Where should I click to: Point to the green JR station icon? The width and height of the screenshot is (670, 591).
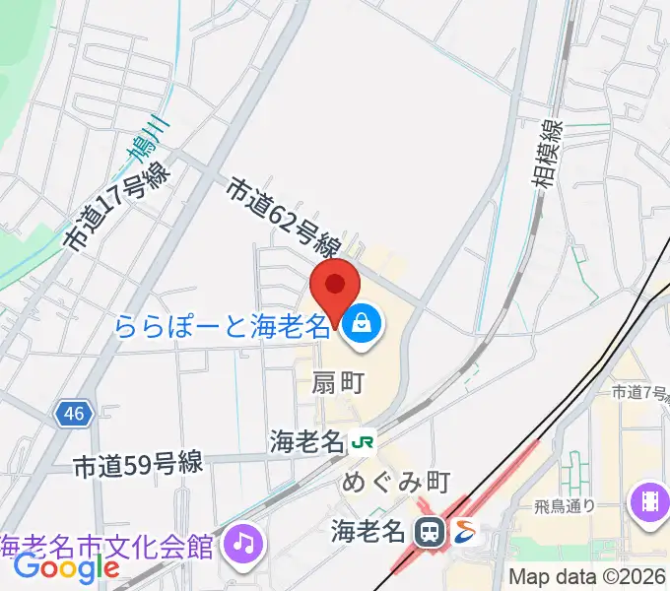coord(364,442)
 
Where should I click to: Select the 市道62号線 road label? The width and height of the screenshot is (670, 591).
coord(285,217)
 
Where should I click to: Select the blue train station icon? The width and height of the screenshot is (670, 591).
coord(429,533)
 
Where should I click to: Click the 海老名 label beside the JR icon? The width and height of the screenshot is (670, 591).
coord(305,442)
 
